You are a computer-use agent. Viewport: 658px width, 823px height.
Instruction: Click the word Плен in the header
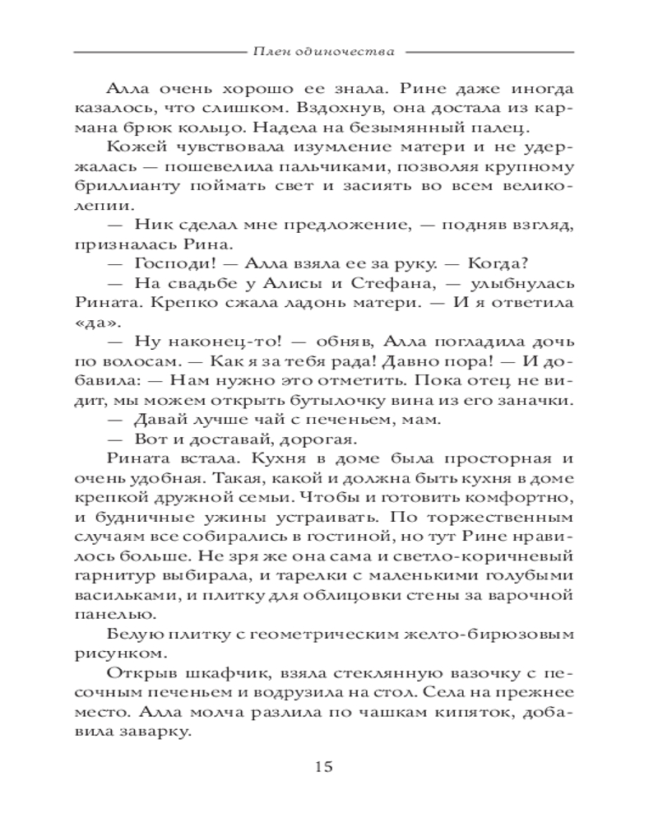[x=271, y=51]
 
